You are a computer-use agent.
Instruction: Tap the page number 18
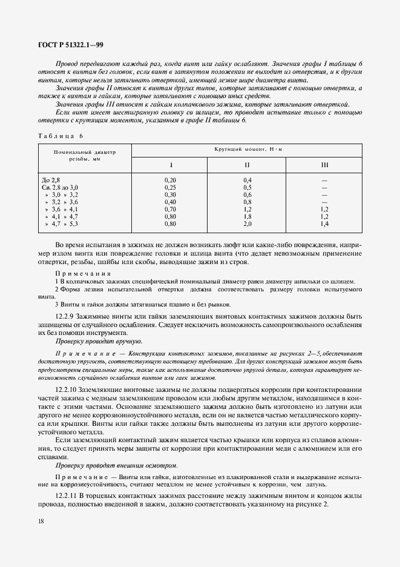(x=40, y=521)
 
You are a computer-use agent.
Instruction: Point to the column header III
(x=324, y=165)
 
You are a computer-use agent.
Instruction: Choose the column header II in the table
(x=247, y=165)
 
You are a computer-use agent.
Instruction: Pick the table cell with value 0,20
(x=170, y=181)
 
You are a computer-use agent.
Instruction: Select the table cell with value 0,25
(x=170, y=187)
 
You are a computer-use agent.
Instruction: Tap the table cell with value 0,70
(x=170, y=209)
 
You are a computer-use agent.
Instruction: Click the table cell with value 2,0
(x=247, y=224)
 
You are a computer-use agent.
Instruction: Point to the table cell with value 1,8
(x=247, y=216)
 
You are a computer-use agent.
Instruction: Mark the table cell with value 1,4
(x=324, y=224)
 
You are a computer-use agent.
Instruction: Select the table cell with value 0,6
(x=247, y=194)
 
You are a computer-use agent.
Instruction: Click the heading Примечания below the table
(x=79, y=274)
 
